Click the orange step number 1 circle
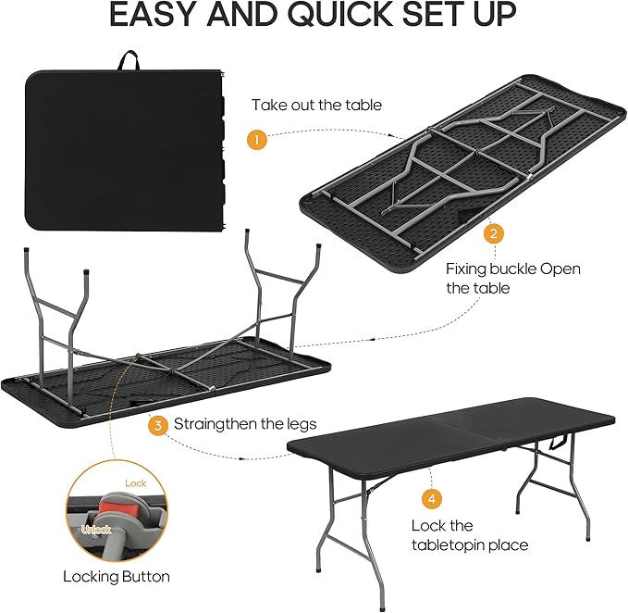click(257, 140)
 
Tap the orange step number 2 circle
click(495, 233)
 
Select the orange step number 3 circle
click(159, 425)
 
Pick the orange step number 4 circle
click(432, 499)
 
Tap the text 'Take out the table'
click(316, 105)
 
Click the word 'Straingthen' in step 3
click(216, 424)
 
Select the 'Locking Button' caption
click(117, 576)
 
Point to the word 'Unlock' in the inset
click(96, 530)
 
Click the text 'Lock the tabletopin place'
click(470, 535)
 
